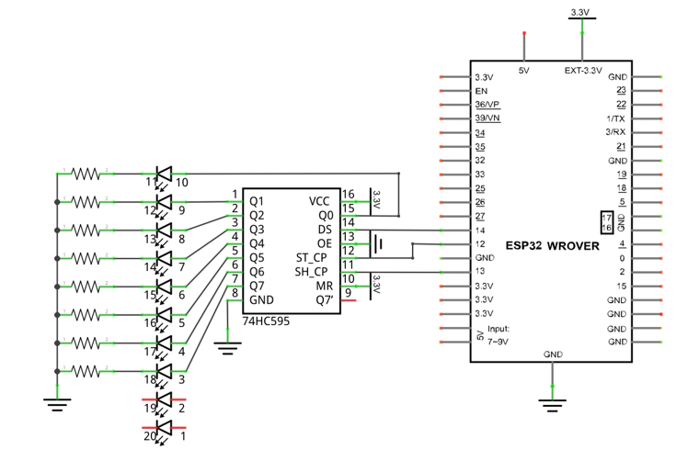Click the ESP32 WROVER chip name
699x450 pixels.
[553, 246]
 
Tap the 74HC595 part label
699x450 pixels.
[266, 321]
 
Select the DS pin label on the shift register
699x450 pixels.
[325, 230]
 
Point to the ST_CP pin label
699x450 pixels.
[311, 258]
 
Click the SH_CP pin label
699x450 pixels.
[311, 272]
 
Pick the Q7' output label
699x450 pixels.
[325, 300]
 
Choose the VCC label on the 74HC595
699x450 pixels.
[319, 202]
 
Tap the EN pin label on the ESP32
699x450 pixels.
[481, 91]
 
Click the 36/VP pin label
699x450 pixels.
[487, 105]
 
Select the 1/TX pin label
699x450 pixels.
[615, 118]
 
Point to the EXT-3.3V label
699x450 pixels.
[583, 71]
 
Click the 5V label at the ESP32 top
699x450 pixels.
[524, 71]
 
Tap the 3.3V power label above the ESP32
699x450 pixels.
[580, 13]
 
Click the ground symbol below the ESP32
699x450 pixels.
[553, 405]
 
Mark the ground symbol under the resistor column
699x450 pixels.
[57, 404]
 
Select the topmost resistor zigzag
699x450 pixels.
[86, 174]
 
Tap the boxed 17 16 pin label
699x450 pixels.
[606, 222]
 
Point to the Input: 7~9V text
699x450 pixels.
[498, 335]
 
